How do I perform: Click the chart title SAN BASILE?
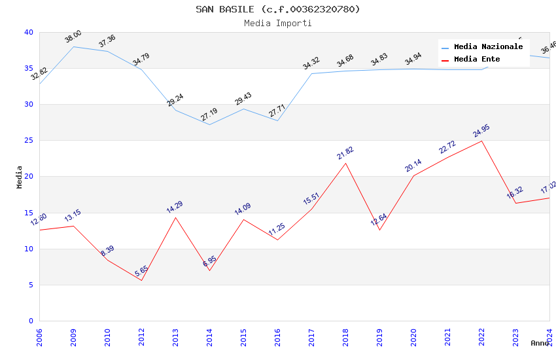[x=278, y=9]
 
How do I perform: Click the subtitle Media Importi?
[x=278, y=24]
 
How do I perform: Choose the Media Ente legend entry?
[x=477, y=60]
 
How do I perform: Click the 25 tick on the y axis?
[x=28, y=141]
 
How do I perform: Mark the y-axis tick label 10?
[x=28, y=249]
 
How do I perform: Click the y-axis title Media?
[x=20, y=177]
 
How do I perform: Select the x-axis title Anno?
[x=540, y=343]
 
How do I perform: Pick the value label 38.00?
[x=73, y=37]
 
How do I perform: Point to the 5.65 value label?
[x=141, y=271]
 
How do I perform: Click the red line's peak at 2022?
[x=481, y=141]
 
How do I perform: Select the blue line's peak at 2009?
[x=73, y=46]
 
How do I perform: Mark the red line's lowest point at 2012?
[x=141, y=280]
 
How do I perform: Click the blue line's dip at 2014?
[x=209, y=124]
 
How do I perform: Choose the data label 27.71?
[x=277, y=110]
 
